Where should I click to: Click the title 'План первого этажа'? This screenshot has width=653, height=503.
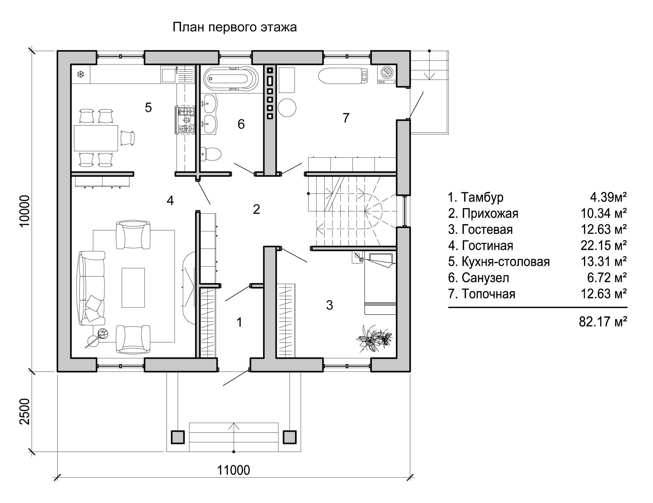[x=235, y=27]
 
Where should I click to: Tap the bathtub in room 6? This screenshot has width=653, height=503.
[x=231, y=78]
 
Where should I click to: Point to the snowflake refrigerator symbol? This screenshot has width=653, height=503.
[x=80, y=74]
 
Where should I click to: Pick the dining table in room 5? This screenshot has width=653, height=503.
[x=96, y=138]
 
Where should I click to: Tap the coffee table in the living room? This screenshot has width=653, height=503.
[x=133, y=288]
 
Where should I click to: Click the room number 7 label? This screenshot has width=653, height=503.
[x=346, y=118]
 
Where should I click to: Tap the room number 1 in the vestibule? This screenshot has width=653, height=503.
[x=239, y=322]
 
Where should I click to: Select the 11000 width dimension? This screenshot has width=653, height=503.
[x=233, y=470]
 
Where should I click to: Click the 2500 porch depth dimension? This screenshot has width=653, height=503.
[x=25, y=411]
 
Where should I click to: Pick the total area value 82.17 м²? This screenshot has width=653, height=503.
[x=603, y=322]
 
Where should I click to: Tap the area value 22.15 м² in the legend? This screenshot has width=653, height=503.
[x=603, y=246]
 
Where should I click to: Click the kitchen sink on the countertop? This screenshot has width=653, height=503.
[x=168, y=74]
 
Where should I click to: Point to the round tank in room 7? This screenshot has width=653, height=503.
[x=287, y=108]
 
